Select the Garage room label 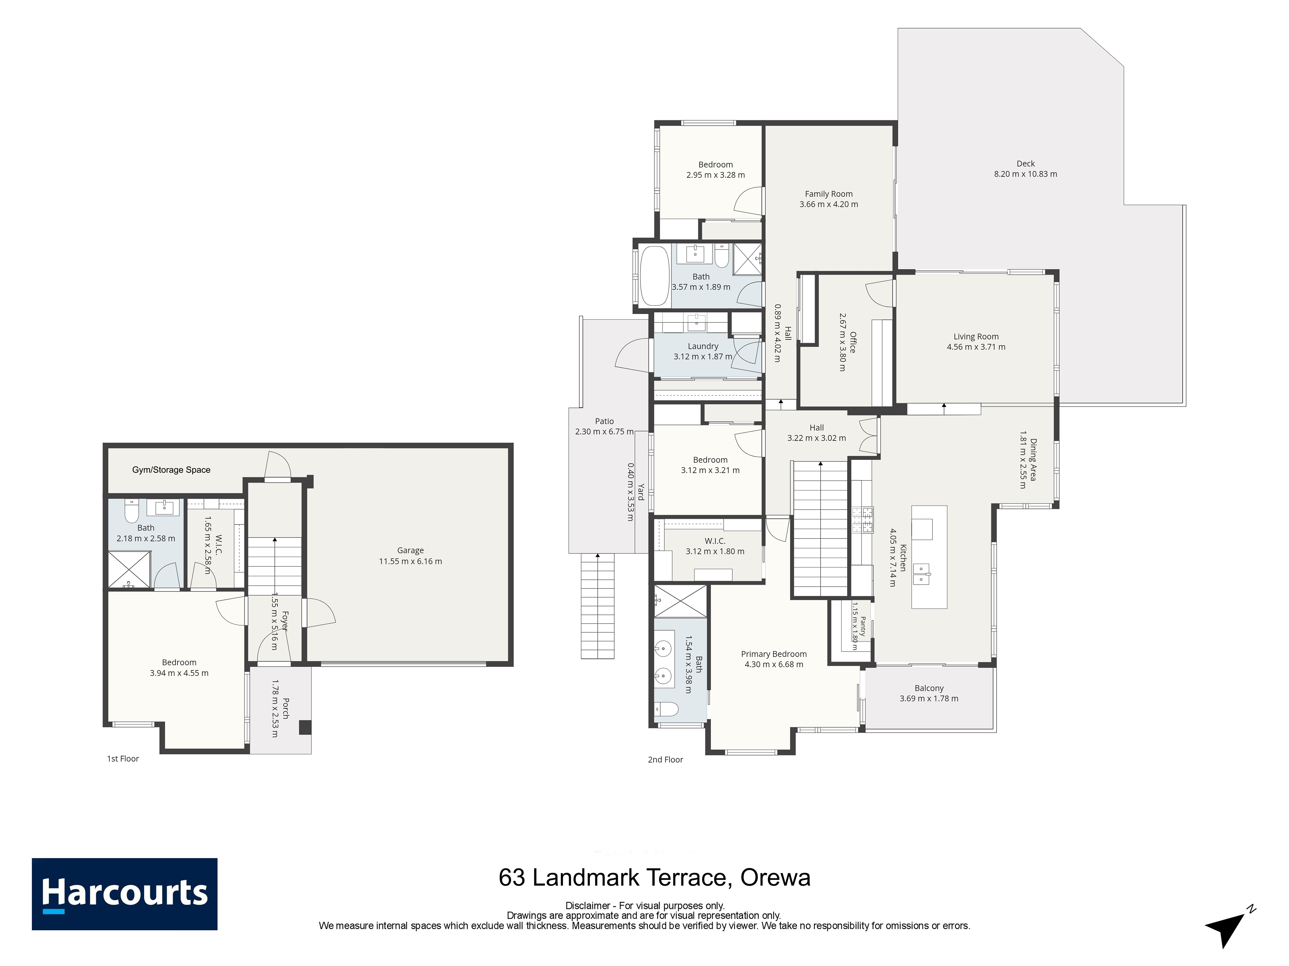pos(410,550)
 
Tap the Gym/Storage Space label pos(171,470)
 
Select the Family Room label pos(829,194)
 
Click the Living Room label pos(976,337)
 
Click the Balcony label pos(929,688)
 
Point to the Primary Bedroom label pos(774,654)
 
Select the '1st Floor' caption pos(123,759)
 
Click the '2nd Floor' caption pos(665,760)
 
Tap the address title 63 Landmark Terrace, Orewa pos(654,877)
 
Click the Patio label pos(604,421)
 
